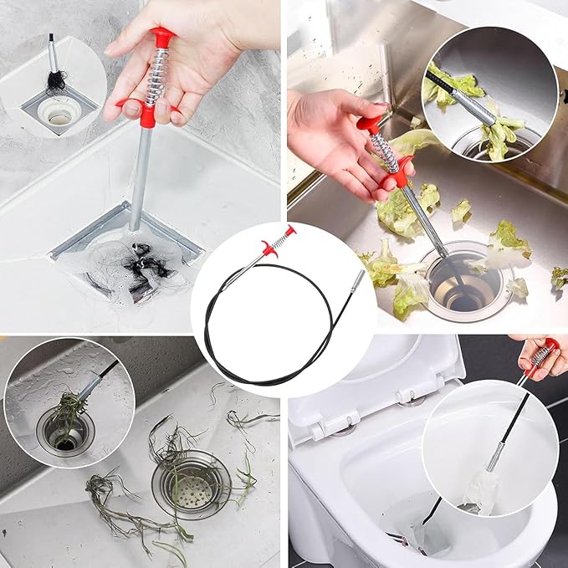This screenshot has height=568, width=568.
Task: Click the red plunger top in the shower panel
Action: (x=162, y=36)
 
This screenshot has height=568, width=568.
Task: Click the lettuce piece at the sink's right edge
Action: (x=559, y=277)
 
